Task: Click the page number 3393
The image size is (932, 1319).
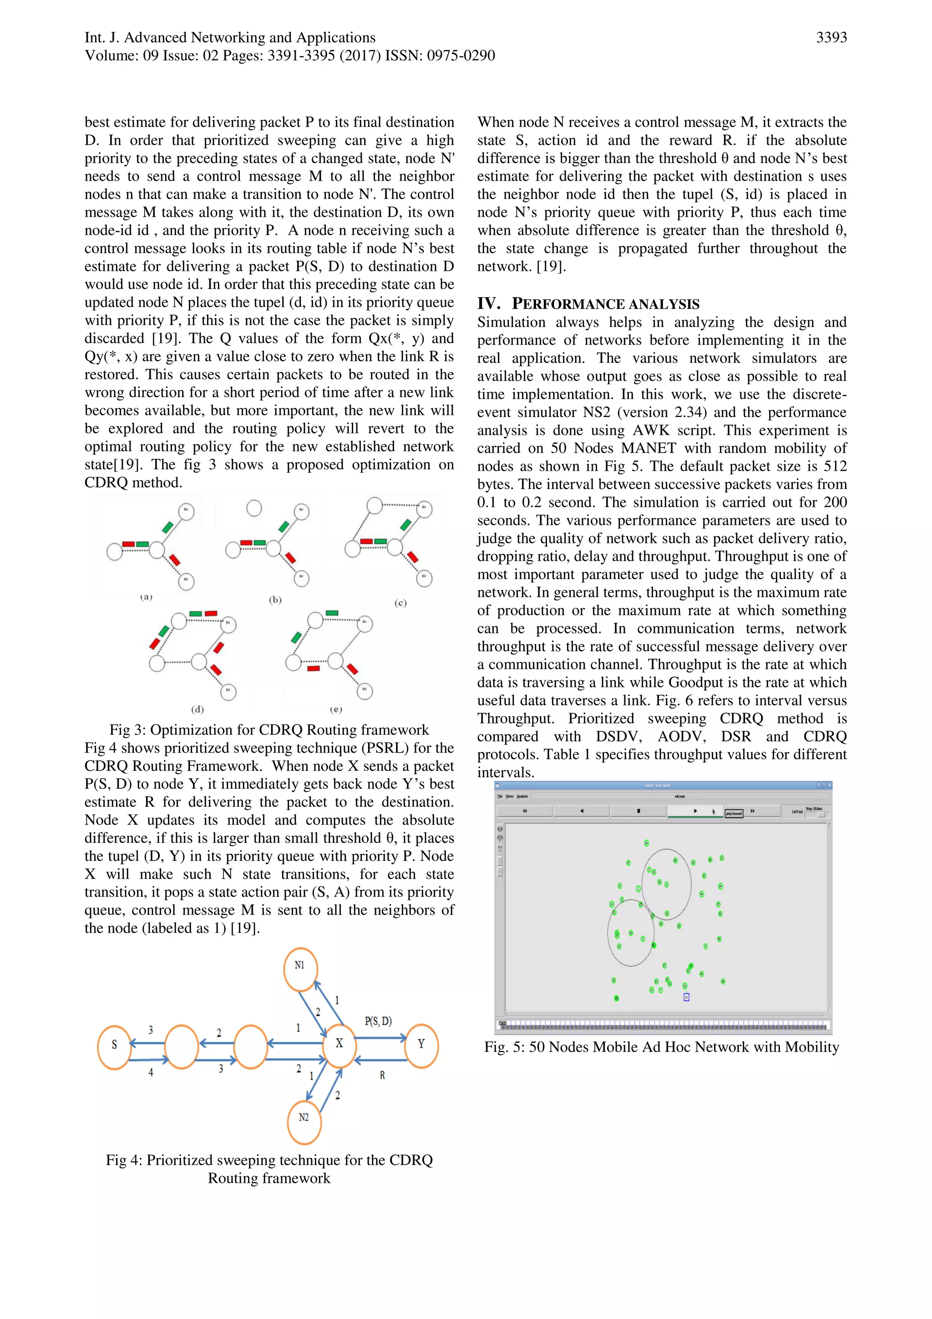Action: [x=831, y=38]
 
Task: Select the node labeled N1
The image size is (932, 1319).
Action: [x=300, y=969]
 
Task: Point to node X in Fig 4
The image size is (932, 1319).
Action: [x=339, y=1043]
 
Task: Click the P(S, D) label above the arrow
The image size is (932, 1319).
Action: [x=378, y=1021]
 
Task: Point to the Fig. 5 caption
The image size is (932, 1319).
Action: [x=662, y=1047]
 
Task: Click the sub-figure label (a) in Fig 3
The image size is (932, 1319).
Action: [x=147, y=597]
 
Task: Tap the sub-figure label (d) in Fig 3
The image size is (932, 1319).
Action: [x=197, y=709]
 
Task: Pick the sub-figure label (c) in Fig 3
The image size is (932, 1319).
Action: [x=400, y=603]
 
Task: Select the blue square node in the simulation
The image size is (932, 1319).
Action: [x=686, y=997]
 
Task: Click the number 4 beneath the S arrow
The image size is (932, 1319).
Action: [x=151, y=1072]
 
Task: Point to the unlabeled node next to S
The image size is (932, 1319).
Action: [x=182, y=1047]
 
